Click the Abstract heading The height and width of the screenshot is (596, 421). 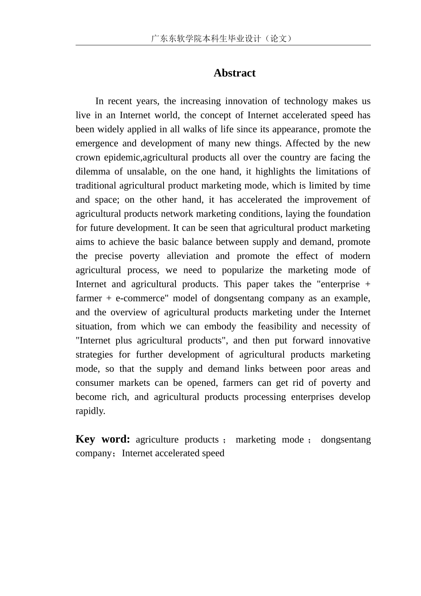pos(234,73)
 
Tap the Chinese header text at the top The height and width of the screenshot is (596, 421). pos(222,39)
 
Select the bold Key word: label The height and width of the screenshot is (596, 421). pos(103,439)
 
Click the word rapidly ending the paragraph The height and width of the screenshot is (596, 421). pos(90,411)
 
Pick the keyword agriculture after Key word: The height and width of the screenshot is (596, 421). pos(157,439)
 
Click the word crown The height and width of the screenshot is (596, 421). pos(88,157)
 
